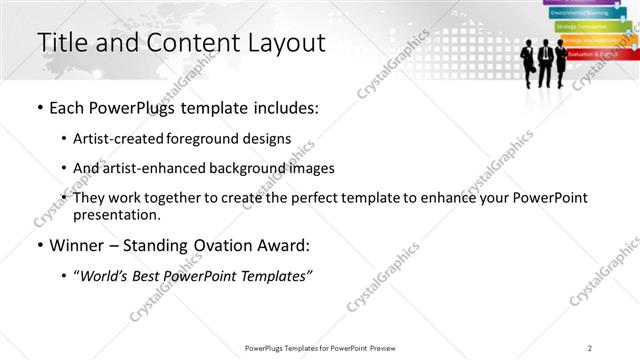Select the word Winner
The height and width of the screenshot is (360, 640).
tap(78, 245)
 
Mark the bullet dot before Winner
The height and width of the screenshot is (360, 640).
tap(39, 245)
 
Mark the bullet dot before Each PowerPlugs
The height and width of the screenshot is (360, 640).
tap(39, 106)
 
